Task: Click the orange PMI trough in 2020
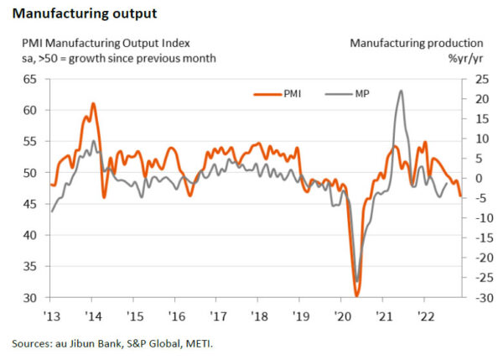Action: [x=357, y=295]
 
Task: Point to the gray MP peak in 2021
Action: [x=401, y=91]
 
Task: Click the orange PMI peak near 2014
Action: [x=93, y=103]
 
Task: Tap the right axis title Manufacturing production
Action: [x=417, y=43]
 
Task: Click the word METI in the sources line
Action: [x=186, y=344]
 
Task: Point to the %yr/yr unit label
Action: [x=465, y=58]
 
